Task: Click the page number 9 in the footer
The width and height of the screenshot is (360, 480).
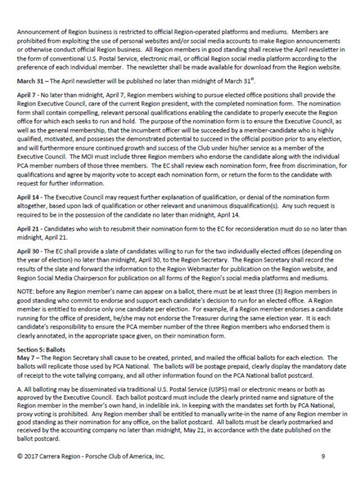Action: tap(322, 456)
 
